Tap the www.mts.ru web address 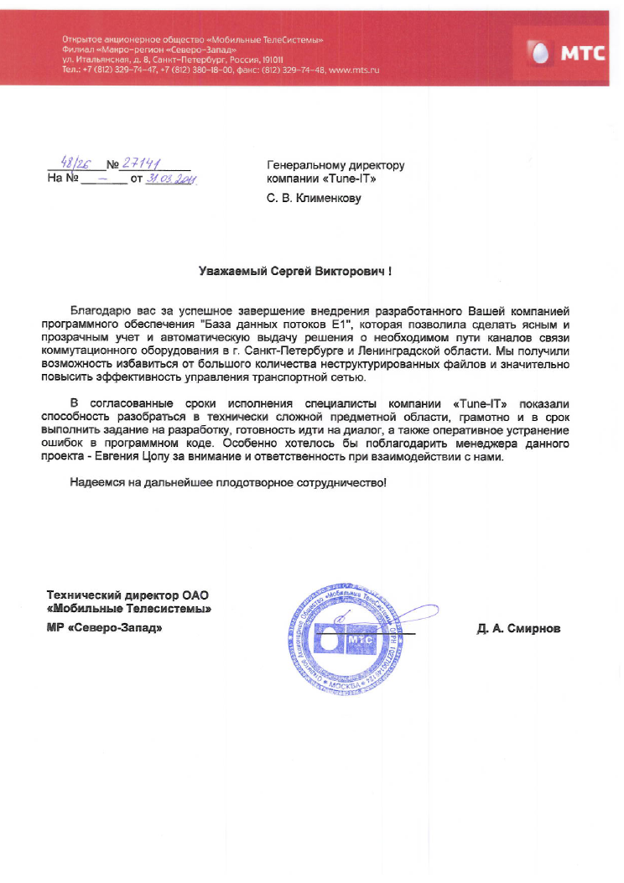coord(355,70)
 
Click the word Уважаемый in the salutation coord(232,272)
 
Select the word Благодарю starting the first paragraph coord(98,311)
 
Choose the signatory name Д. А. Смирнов coord(517,629)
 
